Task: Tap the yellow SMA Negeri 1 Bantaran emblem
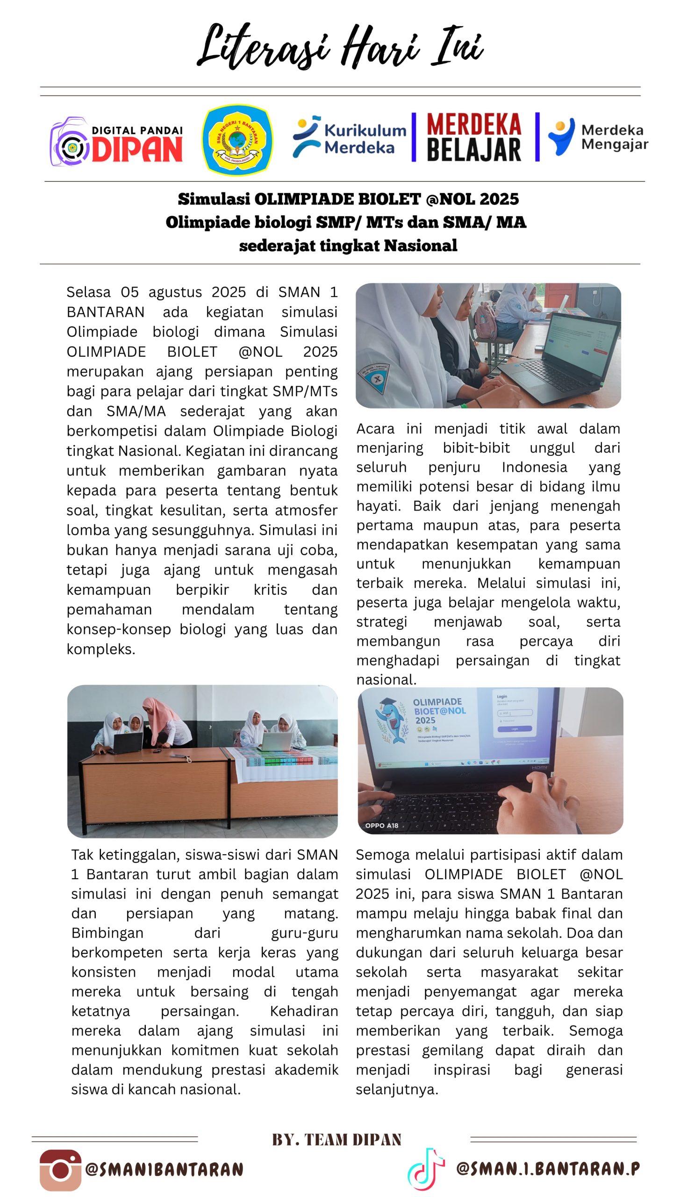pyautogui.click(x=237, y=139)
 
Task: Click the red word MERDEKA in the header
pyautogui.click(x=473, y=124)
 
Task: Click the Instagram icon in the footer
pyautogui.click(x=60, y=1170)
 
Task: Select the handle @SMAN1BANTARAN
pyautogui.click(x=165, y=1170)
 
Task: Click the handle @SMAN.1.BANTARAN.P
pyautogui.click(x=548, y=1168)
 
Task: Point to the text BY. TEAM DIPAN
pyautogui.click(x=336, y=1139)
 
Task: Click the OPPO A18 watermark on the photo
pyautogui.click(x=381, y=825)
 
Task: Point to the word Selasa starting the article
pyautogui.click(x=88, y=292)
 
